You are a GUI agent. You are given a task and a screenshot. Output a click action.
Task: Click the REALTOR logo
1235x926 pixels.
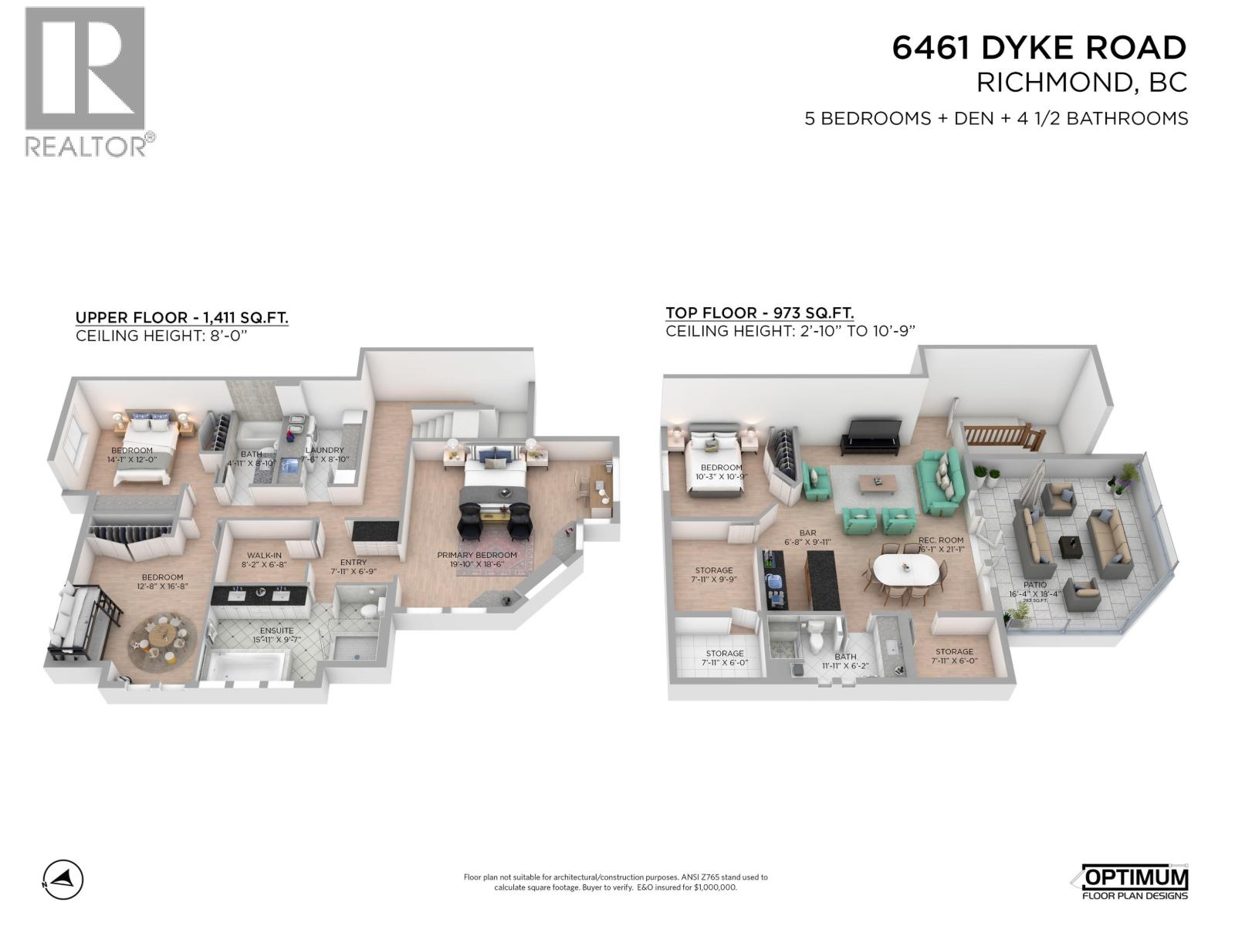85,81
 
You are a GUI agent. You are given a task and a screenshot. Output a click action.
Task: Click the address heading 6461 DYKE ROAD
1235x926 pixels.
1038,48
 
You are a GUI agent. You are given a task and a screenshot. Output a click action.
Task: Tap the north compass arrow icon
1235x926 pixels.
63,879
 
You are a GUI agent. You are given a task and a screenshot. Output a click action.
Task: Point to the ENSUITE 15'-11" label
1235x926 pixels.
276,635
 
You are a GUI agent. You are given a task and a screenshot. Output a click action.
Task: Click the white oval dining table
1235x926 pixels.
905,571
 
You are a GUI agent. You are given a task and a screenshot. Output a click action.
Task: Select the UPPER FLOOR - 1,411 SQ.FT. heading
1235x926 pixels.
181,317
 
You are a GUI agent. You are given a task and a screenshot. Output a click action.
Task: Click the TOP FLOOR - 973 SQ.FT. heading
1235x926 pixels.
760,313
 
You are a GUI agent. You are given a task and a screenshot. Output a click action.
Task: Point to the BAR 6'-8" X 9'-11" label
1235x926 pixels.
807,538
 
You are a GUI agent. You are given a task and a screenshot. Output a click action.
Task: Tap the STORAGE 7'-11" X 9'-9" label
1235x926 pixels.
713,575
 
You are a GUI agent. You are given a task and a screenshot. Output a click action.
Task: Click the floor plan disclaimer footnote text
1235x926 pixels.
615,882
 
